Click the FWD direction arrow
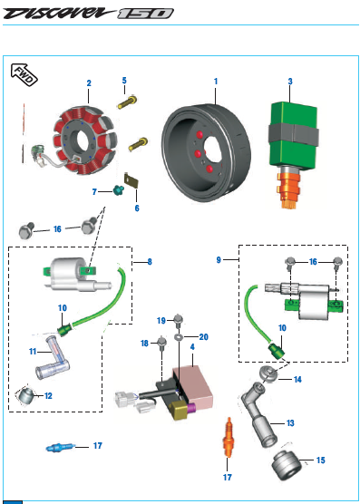24,74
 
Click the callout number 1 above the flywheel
216,82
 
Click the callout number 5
124,81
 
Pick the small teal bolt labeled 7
117,190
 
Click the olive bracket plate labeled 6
132,180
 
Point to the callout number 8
150,262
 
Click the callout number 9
219,260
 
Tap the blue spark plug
61,447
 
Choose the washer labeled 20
178,337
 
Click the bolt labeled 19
178,320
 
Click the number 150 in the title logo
145,14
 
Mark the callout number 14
297,380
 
